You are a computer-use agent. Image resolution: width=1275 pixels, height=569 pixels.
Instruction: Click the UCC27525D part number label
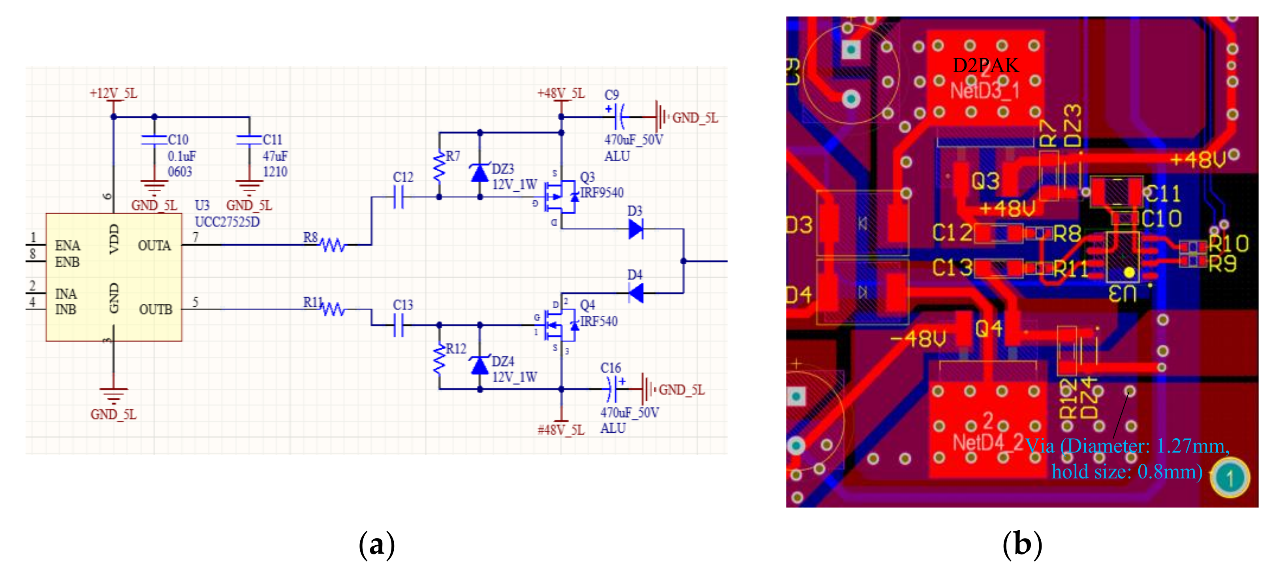(227, 221)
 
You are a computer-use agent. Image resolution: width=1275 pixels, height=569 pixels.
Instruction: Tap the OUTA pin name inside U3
(154, 246)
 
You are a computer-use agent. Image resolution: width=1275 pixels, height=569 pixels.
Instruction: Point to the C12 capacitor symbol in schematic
(399, 197)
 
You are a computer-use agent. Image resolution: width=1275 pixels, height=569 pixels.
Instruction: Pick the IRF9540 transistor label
(602, 193)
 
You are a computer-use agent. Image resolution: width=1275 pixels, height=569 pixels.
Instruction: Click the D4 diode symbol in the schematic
(636, 293)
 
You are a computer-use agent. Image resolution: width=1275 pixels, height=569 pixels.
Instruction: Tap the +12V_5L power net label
(113, 93)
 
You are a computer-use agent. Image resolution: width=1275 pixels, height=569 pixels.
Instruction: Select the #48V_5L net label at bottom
(561, 430)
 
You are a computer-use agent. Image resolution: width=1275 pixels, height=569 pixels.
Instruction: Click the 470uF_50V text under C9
(633, 140)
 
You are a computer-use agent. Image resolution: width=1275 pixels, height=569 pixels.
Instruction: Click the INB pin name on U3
(65, 309)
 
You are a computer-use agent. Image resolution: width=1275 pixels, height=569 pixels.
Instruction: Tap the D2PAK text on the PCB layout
(985, 65)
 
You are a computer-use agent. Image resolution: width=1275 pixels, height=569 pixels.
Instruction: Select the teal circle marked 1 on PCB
(1230, 477)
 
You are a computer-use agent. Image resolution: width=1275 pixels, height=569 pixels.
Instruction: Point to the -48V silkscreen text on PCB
(918, 339)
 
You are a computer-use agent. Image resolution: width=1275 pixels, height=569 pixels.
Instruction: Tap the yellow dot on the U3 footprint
(1129, 272)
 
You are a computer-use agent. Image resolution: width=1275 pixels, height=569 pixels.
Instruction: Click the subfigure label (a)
(377, 544)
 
